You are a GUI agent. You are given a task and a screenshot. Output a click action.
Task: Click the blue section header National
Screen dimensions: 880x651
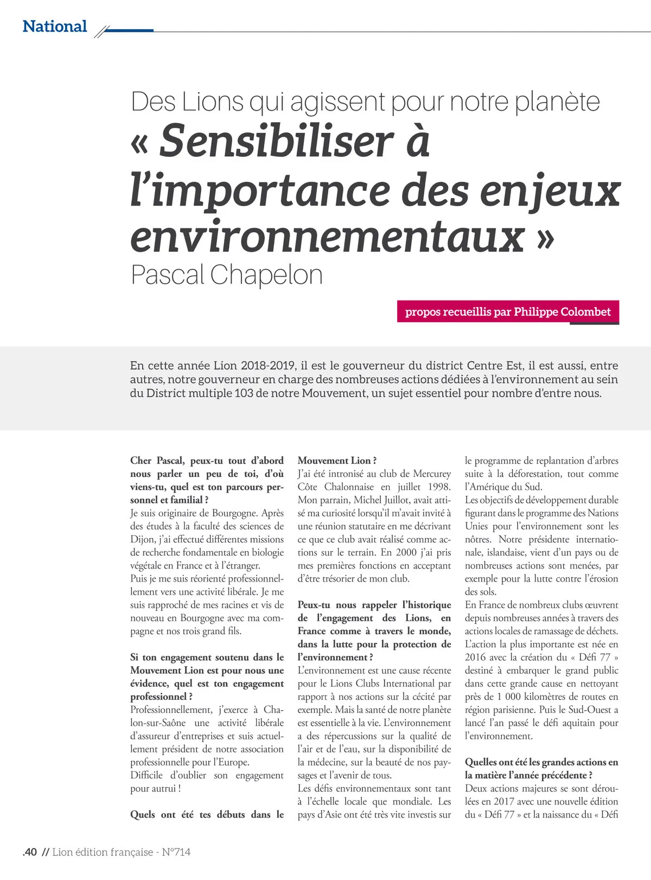click(x=55, y=27)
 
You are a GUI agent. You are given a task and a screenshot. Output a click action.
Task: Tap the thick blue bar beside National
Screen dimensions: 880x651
click(x=129, y=30)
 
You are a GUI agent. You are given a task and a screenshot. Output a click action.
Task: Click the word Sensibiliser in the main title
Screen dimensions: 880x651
click(x=276, y=141)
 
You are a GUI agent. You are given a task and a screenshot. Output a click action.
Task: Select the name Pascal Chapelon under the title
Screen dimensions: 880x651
click(x=227, y=275)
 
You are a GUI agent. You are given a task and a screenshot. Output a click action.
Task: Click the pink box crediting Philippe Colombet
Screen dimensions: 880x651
click(x=508, y=312)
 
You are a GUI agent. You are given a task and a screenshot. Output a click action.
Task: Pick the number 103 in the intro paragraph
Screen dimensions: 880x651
click(x=244, y=393)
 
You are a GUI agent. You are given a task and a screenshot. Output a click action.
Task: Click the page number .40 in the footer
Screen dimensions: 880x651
click(x=30, y=852)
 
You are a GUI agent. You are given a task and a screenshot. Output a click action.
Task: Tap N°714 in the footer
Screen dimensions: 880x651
click(x=176, y=852)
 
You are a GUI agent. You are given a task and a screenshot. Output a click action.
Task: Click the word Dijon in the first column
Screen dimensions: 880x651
click(x=143, y=539)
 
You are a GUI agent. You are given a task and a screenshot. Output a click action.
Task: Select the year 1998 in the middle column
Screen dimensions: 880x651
click(x=438, y=487)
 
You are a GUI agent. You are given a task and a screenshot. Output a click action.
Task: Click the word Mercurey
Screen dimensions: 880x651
click(x=432, y=474)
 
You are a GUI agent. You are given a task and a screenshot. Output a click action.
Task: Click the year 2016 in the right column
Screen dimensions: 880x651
click(x=475, y=657)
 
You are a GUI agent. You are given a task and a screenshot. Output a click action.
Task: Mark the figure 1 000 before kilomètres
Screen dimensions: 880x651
click(x=506, y=697)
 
